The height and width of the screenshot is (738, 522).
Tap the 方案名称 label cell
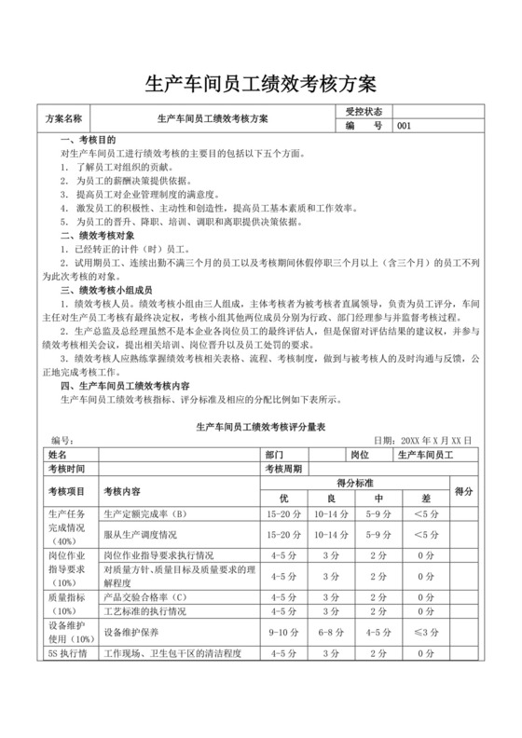64,119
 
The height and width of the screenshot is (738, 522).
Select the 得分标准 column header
354,483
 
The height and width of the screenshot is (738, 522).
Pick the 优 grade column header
284,497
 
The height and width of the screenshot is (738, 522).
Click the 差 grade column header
425,497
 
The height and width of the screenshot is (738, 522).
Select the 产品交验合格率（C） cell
145,596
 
